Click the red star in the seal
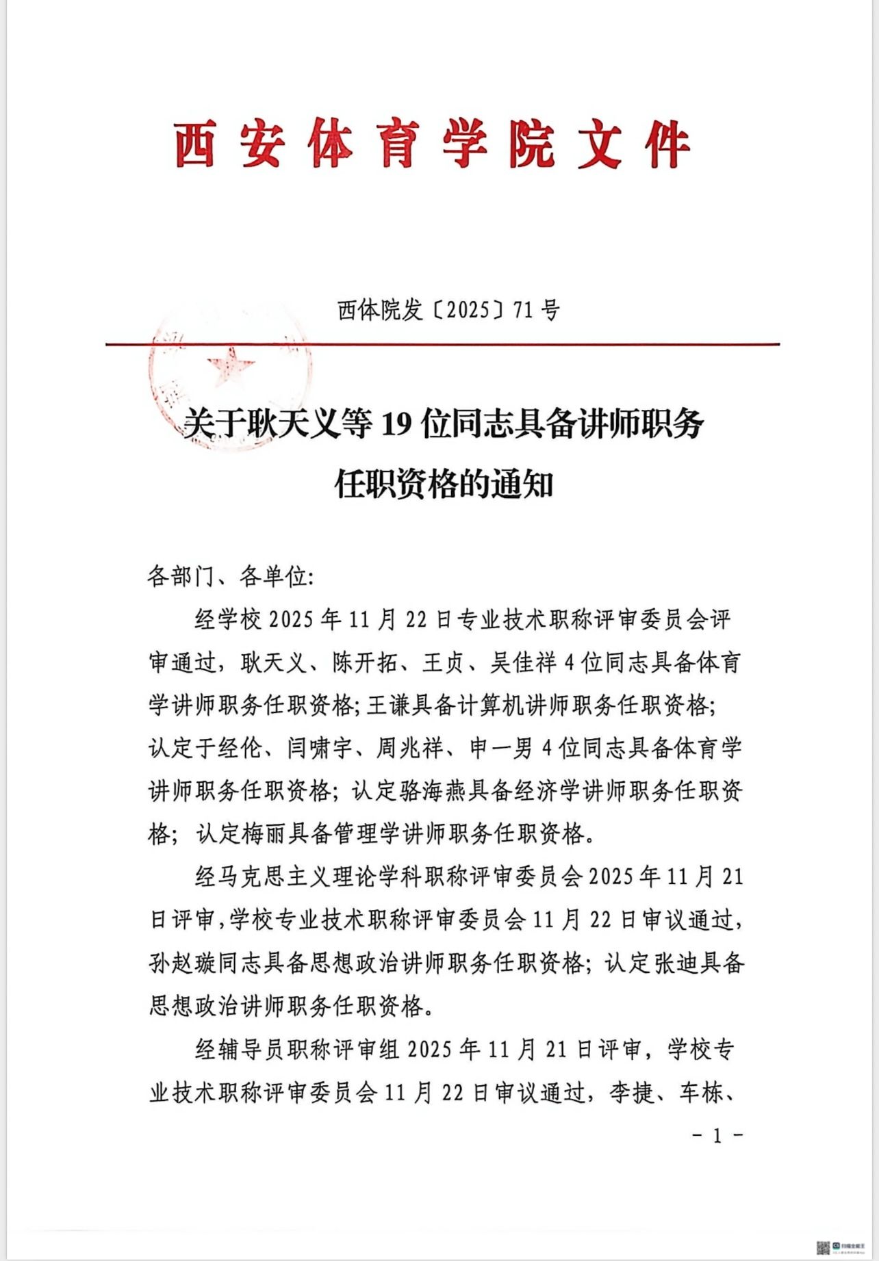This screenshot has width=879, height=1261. (x=229, y=367)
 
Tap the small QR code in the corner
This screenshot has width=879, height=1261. (x=824, y=1247)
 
